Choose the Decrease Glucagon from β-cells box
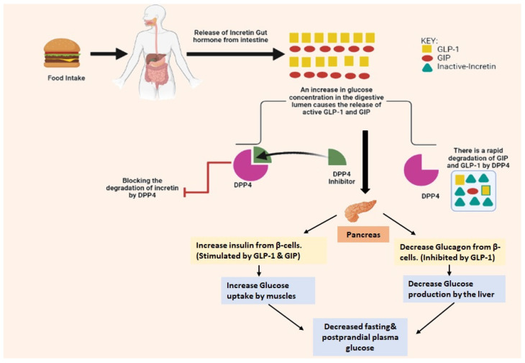coord(449,251)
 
